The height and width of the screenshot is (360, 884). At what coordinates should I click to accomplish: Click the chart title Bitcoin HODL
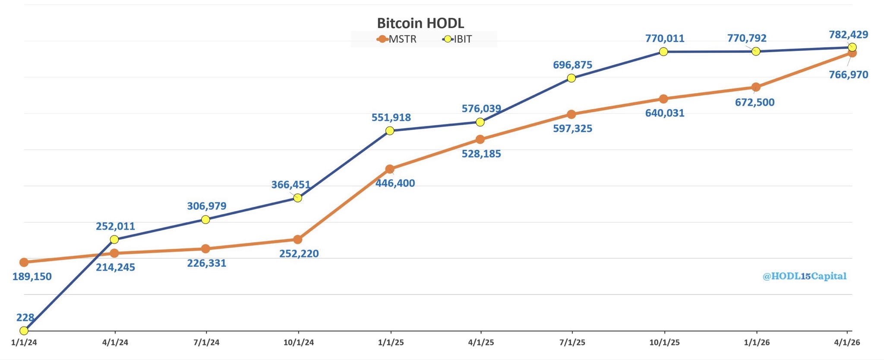[420, 23]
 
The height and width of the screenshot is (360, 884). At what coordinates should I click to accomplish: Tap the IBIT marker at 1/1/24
[24, 331]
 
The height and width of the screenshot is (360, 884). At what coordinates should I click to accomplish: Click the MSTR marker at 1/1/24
[24, 262]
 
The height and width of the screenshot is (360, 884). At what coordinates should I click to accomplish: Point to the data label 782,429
[848, 35]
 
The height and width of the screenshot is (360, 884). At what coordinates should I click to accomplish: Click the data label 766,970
[848, 75]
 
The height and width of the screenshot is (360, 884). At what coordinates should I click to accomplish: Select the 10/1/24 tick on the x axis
[298, 342]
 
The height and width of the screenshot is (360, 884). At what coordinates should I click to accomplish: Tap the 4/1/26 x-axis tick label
[847, 342]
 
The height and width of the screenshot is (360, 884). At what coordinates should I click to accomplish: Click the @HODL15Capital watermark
[804, 276]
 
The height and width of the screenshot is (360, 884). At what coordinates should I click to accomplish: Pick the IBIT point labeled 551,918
[390, 130]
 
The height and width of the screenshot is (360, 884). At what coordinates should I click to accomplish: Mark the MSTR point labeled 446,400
[390, 169]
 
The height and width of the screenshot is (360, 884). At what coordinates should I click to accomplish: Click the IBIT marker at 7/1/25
[571, 78]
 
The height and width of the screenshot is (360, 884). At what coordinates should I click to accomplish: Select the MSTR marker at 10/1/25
[664, 99]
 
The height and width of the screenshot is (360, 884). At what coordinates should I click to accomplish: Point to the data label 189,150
[32, 277]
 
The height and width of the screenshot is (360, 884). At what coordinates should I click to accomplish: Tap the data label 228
[25, 318]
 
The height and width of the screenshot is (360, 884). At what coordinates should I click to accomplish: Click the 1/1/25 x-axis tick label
[391, 342]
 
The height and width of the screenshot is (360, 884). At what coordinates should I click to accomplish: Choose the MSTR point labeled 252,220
[297, 239]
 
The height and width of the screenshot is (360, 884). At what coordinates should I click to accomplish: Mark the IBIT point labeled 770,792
[756, 51]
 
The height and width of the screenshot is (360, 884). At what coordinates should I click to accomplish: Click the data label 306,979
[206, 206]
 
